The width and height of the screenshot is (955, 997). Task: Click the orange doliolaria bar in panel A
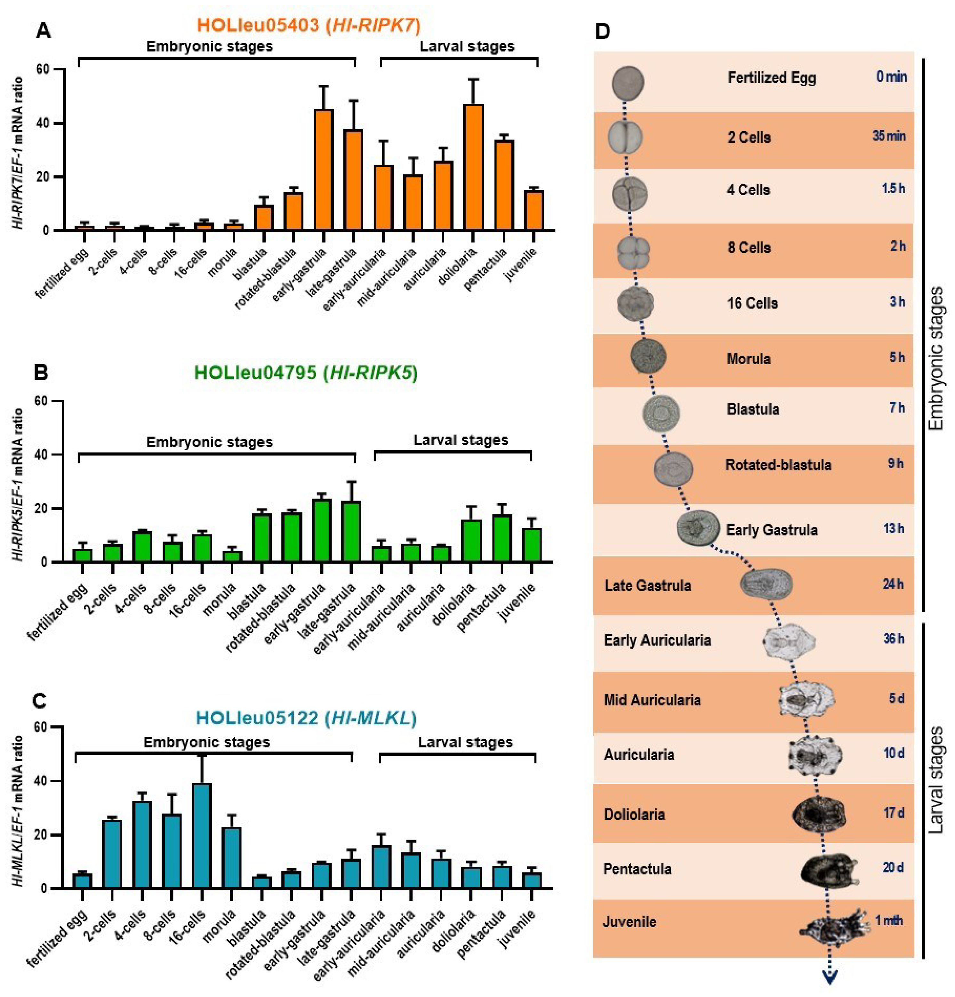coord(473,168)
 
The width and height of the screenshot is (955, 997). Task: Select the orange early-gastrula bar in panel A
coord(324,170)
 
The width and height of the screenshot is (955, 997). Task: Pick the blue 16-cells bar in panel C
coord(202,836)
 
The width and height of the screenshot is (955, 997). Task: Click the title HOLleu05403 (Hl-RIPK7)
coord(309,24)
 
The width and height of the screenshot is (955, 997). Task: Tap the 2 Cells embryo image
coord(625,137)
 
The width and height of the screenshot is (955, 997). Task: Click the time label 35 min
coord(889,136)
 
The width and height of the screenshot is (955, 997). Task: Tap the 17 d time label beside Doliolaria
coord(894,812)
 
